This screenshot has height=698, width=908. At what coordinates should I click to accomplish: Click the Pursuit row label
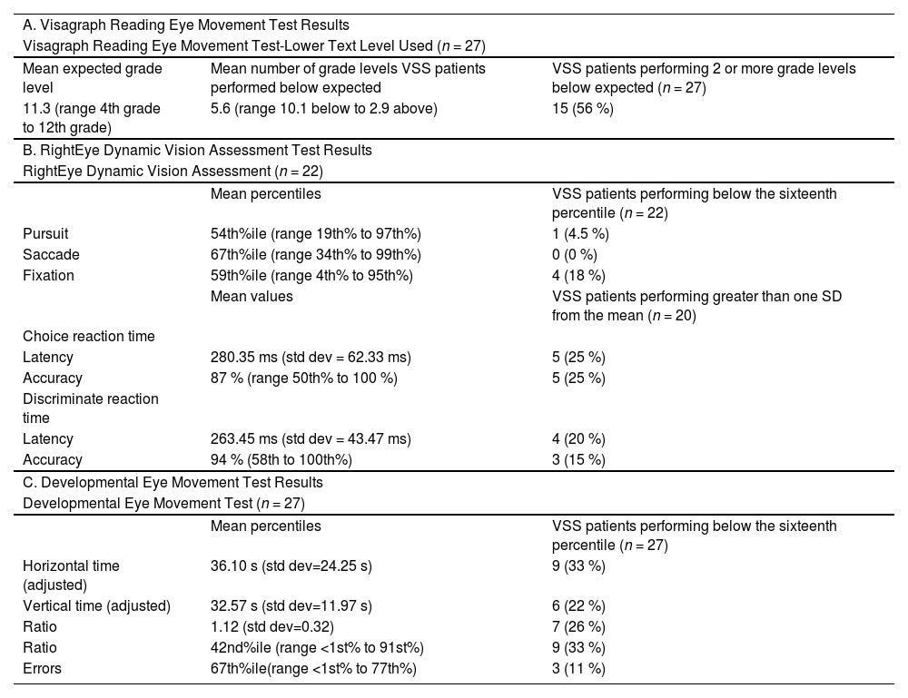point(45,233)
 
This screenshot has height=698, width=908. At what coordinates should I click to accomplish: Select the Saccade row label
point(51,254)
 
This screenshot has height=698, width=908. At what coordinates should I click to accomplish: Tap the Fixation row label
point(48,275)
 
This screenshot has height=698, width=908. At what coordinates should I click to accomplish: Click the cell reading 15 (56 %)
point(582,108)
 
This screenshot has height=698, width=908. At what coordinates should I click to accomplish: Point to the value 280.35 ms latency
point(311,357)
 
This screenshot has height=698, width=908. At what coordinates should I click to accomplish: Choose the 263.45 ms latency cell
point(311,438)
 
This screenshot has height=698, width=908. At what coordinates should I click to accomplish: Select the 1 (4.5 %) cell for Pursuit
point(580,233)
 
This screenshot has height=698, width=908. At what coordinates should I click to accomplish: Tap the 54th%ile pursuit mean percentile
point(316,233)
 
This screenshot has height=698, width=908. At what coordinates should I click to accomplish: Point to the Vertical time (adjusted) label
point(96,606)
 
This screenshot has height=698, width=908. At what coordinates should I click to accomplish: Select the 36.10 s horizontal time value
point(291,565)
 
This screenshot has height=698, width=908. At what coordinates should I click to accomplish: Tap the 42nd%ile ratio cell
point(317,648)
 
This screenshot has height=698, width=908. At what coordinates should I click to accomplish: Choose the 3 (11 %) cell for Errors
point(578,669)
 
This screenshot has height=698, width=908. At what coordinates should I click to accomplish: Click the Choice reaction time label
point(88,336)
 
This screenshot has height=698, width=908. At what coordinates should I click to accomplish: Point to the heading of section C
point(173,482)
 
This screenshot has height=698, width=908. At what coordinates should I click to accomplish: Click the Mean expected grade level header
point(92,77)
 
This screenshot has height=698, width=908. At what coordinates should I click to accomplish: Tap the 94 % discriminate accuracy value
point(281,459)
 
